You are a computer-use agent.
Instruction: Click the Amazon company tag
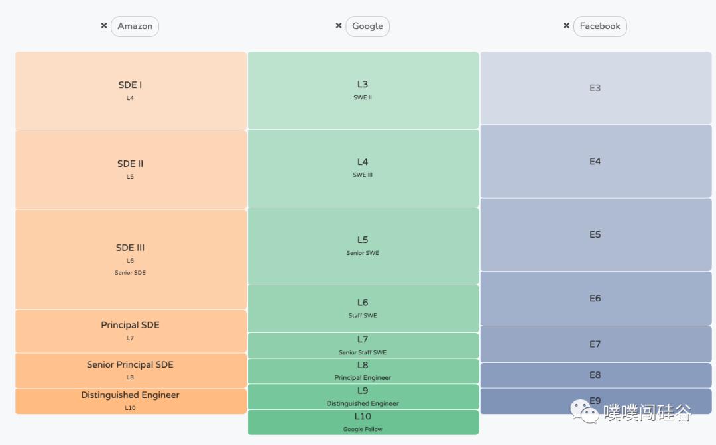tap(135, 26)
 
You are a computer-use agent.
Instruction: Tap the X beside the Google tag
tap(339, 26)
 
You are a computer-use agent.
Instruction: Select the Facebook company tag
tap(600, 26)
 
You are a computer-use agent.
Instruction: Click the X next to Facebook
tap(566, 26)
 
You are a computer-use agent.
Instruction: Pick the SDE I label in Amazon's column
tap(130, 85)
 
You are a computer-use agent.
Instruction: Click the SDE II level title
tap(130, 164)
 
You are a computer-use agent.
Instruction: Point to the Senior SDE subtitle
tap(130, 273)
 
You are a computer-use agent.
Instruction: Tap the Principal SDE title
tap(130, 325)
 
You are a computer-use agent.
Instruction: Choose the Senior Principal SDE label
tap(130, 364)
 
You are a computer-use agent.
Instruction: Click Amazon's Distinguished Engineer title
tap(130, 395)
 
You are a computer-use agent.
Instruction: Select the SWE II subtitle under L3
tap(363, 98)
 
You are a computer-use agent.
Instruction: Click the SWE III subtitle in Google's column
tap(363, 175)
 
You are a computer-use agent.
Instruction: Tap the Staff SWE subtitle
tap(363, 316)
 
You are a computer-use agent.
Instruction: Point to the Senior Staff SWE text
tap(363, 352)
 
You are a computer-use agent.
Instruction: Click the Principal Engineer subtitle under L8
tap(363, 378)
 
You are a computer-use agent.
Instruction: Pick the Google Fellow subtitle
tap(363, 429)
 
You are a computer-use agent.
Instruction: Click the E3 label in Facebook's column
tap(595, 88)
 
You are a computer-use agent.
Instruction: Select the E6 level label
tap(595, 299)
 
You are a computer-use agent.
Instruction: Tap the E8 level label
tap(595, 375)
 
